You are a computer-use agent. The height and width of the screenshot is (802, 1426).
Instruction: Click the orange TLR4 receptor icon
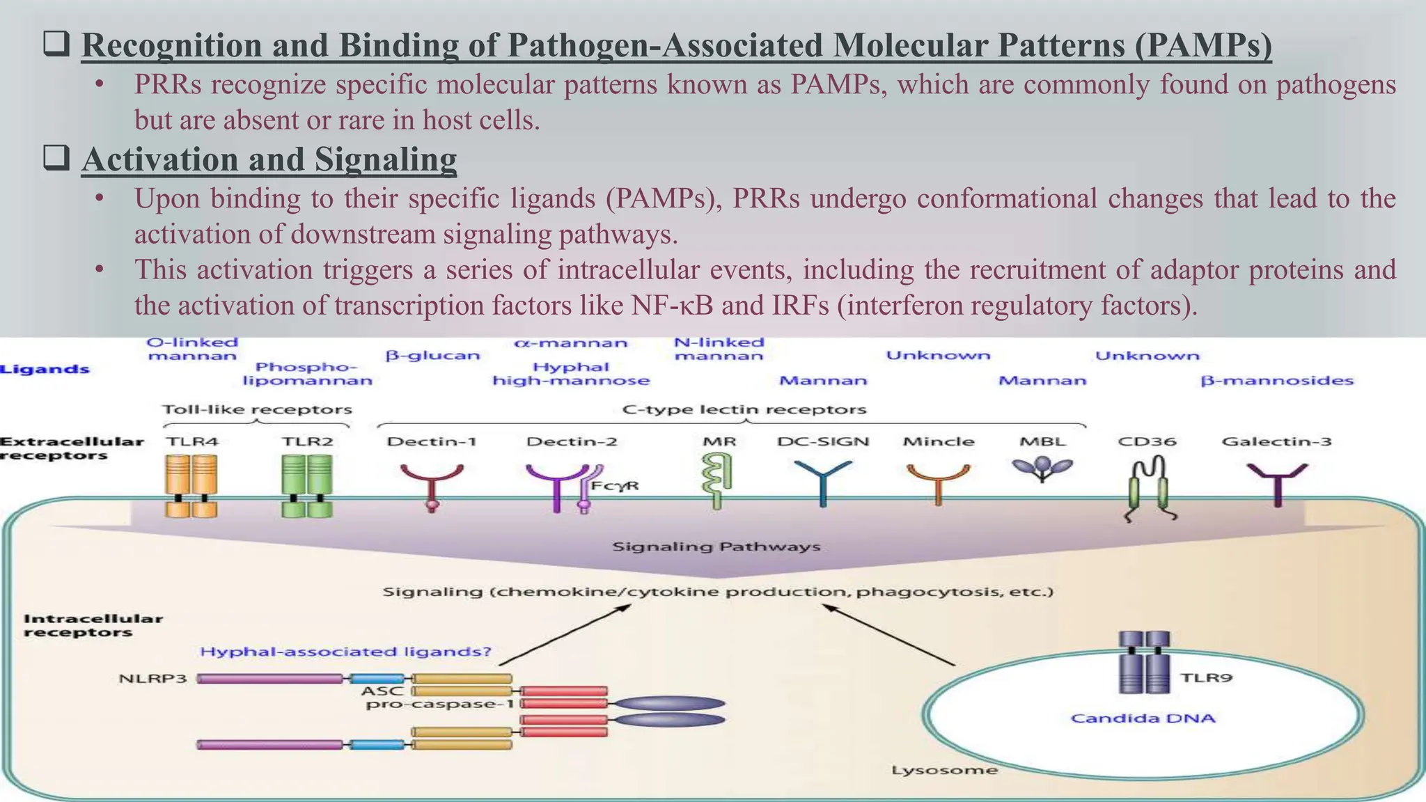pyautogui.click(x=191, y=485)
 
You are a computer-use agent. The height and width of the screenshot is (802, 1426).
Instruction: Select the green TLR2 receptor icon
pyautogui.click(x=306, y=485)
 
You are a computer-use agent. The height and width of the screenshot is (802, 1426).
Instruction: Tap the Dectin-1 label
pyautogui.click(x=432, y=441)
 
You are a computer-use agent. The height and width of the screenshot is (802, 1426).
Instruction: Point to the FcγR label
pyautogui.click(x=615, y=485)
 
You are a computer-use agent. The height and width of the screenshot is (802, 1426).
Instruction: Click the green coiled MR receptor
pyautogui.click(x=717, y=480)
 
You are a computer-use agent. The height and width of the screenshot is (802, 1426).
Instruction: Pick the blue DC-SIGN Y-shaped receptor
pyautogui.click(x=823, y=480)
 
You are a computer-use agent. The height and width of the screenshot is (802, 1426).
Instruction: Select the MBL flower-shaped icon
pyautogui.click(x=1042, y=468)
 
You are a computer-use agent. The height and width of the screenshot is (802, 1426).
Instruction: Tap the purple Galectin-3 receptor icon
pyautogui.click(x=1277, y=482)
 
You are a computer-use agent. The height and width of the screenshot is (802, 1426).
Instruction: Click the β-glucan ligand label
pyautogui.click(x=432, y=355)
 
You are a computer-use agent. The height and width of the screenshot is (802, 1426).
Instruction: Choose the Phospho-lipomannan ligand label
pyautogui.click(x=307, y=374)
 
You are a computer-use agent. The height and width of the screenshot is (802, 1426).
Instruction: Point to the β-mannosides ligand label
pyautogui.click(x=1277, y=381)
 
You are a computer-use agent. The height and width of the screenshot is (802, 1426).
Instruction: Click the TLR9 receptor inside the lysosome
pyautogui.click(x=1144, y=662)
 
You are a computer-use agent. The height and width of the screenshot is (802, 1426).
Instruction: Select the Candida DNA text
pyautogui.click(x=1143, y=718)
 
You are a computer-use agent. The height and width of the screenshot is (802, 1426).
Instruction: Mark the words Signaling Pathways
pyautogui.click(x=716, y=547)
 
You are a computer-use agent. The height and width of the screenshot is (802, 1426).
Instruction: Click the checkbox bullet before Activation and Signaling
pyautogui.click(x=56, y=158)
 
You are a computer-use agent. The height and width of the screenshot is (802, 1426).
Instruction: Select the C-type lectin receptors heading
pyautogui.click(x=744, y=409)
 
